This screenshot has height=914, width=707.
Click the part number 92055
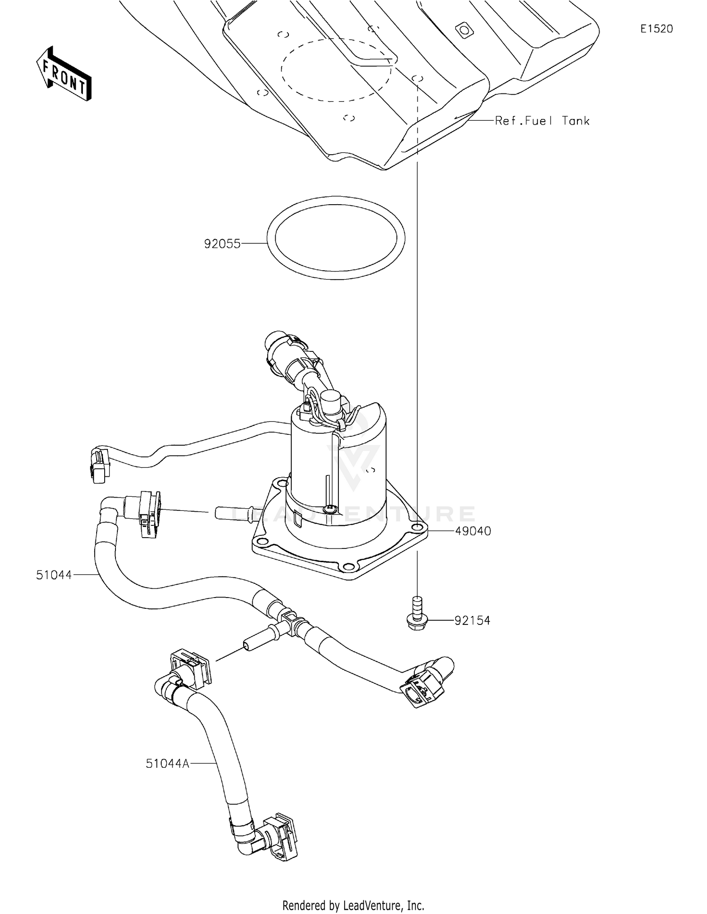tap(222, 244)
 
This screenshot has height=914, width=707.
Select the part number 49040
tap(473, 531)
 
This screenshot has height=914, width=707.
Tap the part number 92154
tap(472, 621)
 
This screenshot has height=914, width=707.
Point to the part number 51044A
tap(167, 764)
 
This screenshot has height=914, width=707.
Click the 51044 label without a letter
tap(54, 575)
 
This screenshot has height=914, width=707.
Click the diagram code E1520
tap(656, 29)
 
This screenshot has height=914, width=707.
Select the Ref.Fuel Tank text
tap(542, 121)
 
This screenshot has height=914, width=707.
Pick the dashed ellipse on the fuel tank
tap(336, 70)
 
